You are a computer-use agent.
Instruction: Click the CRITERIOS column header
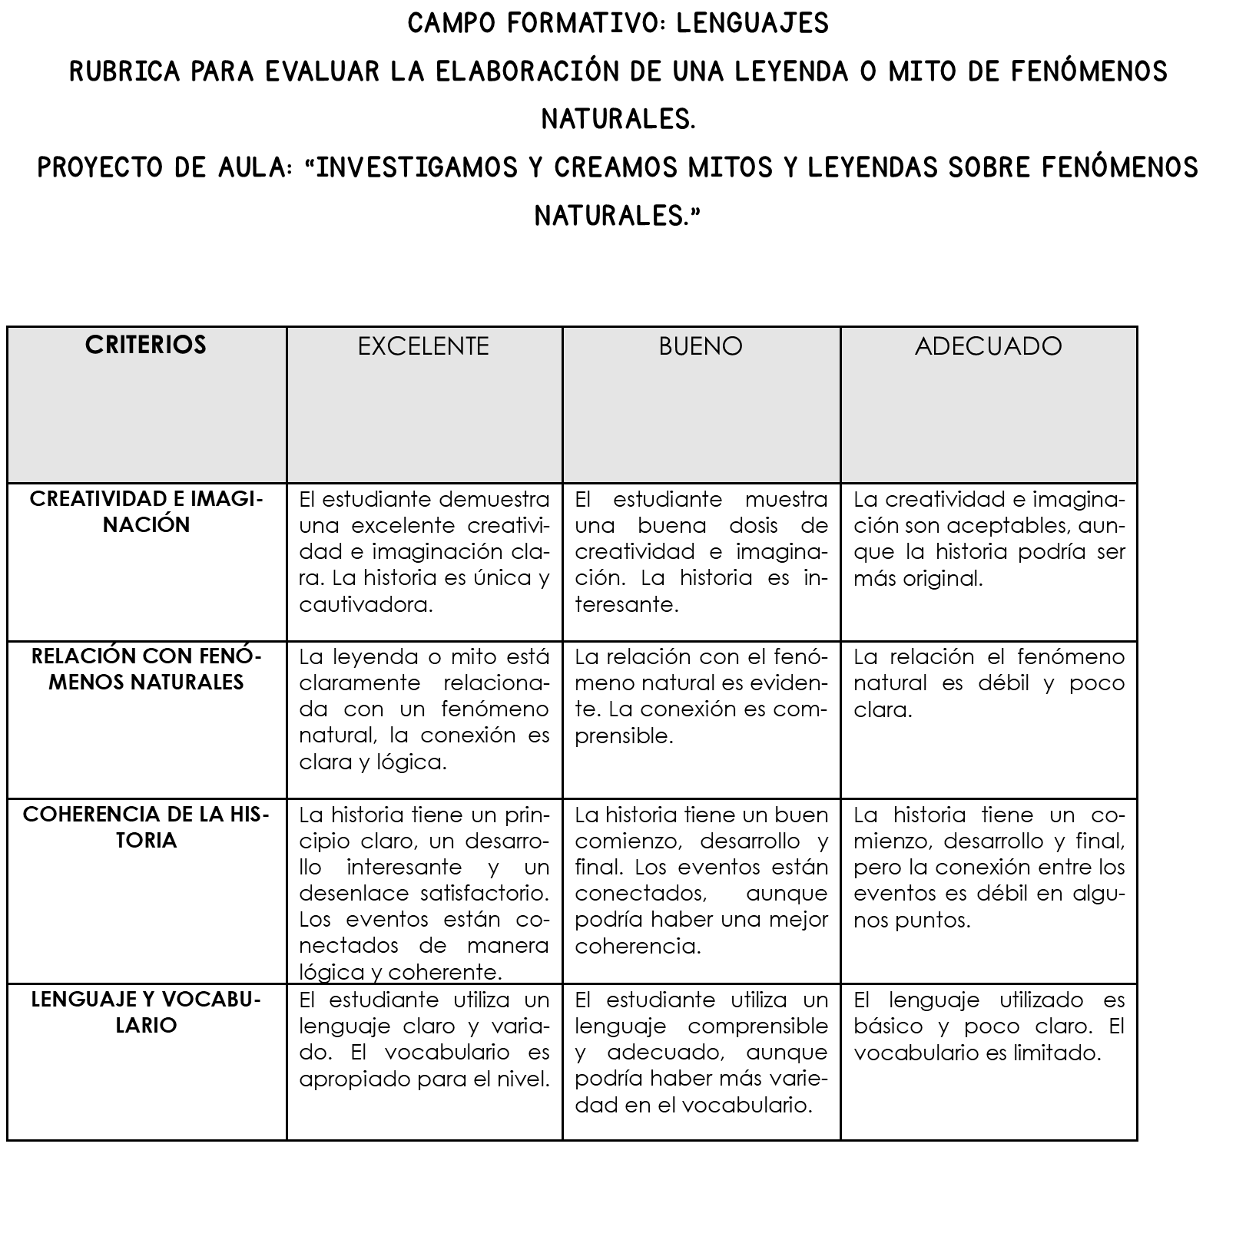(x=146, y=345)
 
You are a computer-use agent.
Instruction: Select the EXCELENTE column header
(x=423, y=346)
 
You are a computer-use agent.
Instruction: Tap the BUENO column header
(x=701, y=346)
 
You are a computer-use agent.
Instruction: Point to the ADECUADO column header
(x=988, y=346)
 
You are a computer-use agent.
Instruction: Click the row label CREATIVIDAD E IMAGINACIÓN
(x=146, y=512)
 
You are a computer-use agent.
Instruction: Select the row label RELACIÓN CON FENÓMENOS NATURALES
(x=146, y=669)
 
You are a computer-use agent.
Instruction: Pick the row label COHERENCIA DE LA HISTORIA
(x=146, y=827)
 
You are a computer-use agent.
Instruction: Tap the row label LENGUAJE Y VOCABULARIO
(x=146, y=1012)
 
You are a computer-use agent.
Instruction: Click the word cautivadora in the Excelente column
(x=366, y=605)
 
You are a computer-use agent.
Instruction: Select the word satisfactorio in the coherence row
(x=485, y=894)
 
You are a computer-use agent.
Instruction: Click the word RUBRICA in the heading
(x=124, y=72)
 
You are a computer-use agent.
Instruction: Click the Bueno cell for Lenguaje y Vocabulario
(x=701, y=1059)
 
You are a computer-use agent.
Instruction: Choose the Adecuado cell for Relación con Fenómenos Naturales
(x=988, y=719)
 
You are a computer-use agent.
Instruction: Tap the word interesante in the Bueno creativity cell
(x=626, y=605)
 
